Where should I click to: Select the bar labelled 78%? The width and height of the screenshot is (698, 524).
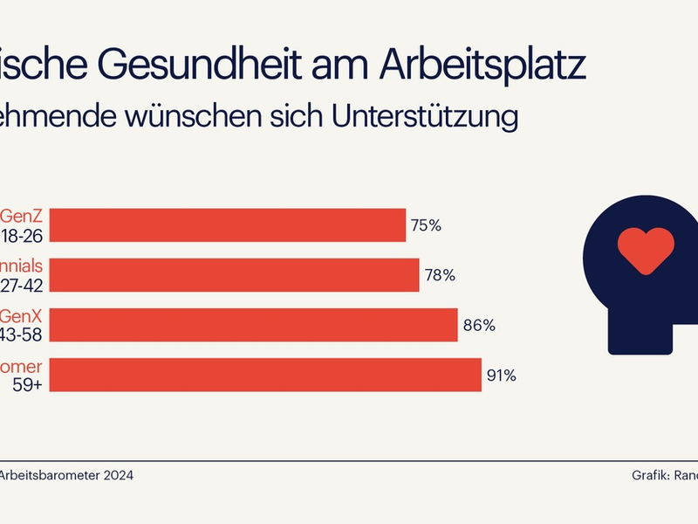pos(209,275)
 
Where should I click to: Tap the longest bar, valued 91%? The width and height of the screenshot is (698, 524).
pos(241,376)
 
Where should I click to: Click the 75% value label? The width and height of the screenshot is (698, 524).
pos(426,225)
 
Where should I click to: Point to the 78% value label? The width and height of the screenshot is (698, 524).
pos(440,276)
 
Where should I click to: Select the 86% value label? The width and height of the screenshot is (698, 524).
pos(479,326)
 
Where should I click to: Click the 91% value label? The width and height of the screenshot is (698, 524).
pos(502,376)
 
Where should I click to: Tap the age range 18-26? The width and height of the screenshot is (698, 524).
pos(21,235)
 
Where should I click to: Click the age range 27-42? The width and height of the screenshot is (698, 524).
pos(21,285)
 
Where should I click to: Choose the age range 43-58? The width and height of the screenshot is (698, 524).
pos(21,335)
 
